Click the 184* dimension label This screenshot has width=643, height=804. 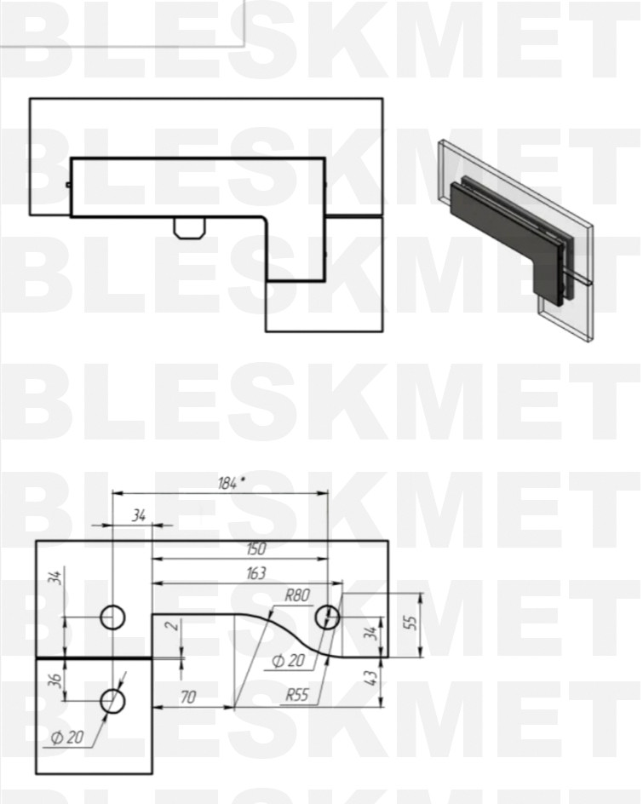tap(228, 483)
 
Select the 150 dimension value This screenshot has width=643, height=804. tap(255, 548)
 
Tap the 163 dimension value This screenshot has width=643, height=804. tap(255, 572)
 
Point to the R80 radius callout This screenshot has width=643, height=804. tap(297, 595)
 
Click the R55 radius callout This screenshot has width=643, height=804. tap(297, 695)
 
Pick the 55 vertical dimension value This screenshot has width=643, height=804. tap(411, 622)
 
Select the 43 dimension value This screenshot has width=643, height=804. tap(372, 678)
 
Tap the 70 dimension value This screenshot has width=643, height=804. tap(188, 697)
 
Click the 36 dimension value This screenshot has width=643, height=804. tap(56, 680)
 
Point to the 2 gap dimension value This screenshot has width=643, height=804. tap(175, 625)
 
